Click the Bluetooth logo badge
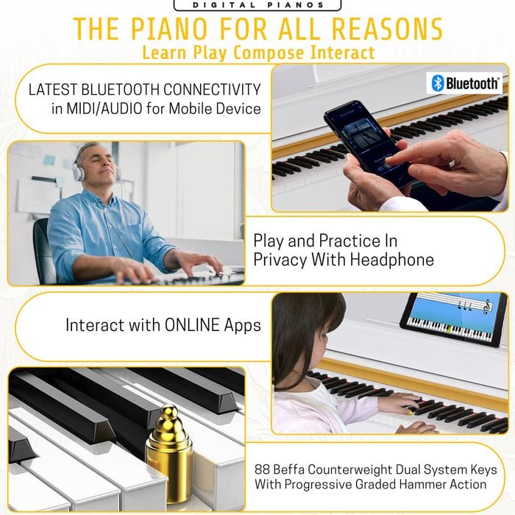pos(464,83)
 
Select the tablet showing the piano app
pos(454,319)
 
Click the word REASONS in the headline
pos(387,29)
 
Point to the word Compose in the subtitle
pos(269,52)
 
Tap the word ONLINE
pos(192,325)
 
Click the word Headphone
pos(391,260)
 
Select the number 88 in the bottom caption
pos(262,469)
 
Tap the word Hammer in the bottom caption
pos(422,484)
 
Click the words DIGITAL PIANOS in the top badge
pos(257,5)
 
